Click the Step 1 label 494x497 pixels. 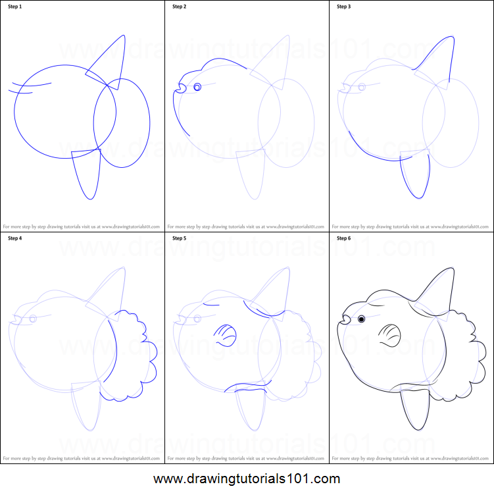pos(15,7)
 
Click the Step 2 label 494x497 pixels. pos(180,7)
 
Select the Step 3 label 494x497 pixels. pos(344,7)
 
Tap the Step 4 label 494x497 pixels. pos(15,238)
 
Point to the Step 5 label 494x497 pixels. pos(180,238)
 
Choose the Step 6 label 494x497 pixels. pos(344,238)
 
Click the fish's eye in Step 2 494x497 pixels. pos(197,87)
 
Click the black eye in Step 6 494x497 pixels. pos(361,320)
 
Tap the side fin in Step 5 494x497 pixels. pos(224,335)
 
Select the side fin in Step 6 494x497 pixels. pos(389,335)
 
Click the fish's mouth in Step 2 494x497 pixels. pos(180,86)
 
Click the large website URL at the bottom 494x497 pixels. pos(247,479)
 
